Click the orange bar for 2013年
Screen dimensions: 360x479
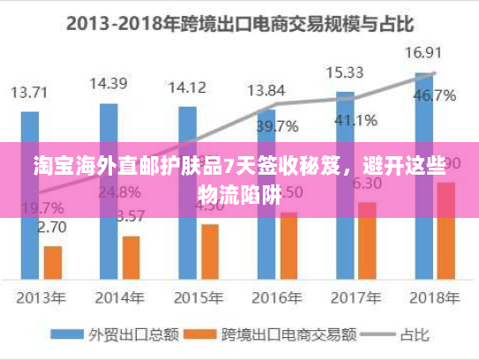pyautogui.click(x=53, y=261)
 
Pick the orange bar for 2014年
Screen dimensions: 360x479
pyautogui.click(x=131, y=256)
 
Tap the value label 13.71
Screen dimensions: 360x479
pyautogui.click(x=31, y=91)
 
